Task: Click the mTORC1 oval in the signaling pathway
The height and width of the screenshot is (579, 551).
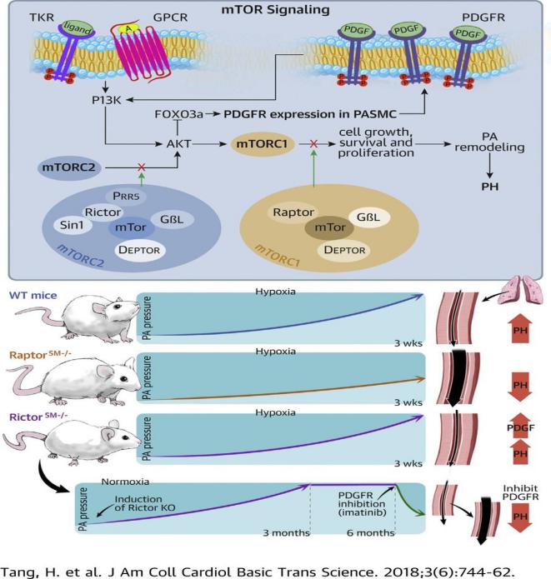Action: pos(262,143)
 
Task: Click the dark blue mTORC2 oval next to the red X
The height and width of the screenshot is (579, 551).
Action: pos(69,167)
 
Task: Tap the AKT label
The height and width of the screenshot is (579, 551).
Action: pos(179,143)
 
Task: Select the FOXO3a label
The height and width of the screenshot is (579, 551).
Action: pos(179,114)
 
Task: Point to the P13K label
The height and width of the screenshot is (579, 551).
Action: pos(107,100)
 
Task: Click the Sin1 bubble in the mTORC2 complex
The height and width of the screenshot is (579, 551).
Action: pos(72,225)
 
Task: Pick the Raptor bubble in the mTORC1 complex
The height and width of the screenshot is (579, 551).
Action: pos(293,212)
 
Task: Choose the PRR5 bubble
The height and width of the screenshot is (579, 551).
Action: pos(126,196)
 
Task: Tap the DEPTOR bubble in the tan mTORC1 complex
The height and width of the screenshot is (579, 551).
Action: pos(344,250)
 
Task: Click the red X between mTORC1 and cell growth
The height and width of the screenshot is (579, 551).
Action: pos(313,143)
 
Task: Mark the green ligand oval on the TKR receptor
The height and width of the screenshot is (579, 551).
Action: pos(78,27)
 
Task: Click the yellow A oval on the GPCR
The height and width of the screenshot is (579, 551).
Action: pos(128,28)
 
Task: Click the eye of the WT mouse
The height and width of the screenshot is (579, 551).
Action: pos(118,307)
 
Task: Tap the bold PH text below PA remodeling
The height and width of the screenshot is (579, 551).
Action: pos(490,187)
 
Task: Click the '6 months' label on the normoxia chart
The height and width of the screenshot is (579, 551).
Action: pos(371,533)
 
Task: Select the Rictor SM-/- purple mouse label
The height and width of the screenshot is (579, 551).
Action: pos(38,417)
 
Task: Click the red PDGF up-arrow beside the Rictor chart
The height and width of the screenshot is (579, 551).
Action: pos(520,426)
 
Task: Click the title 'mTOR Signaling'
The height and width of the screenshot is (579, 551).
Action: pos(275,10)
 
